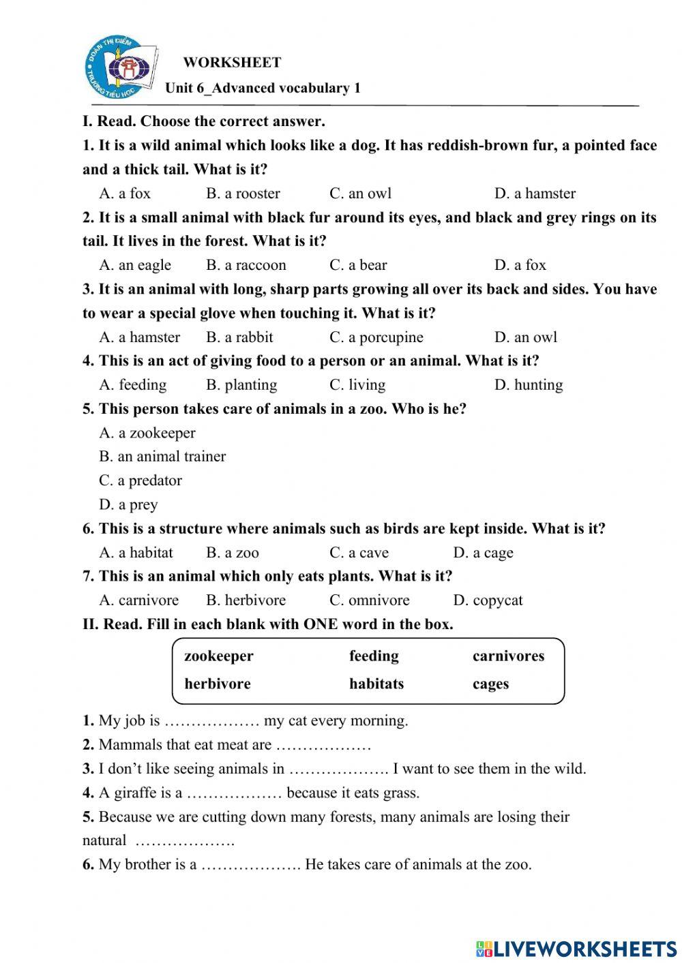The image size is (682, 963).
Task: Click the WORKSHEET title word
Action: (x=232, y=63)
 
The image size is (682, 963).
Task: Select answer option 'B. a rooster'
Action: (x=243, y=194)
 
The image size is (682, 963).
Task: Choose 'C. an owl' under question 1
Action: (x=360, y=194)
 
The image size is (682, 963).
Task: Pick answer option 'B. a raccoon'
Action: (x=246, y=265)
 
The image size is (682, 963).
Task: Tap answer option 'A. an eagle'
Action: (x=135, y=265)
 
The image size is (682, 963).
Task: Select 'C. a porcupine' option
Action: (x=376, y=337)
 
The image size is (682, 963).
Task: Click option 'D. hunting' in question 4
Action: (x=528, y=385)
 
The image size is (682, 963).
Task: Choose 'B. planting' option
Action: (x=241, y=385)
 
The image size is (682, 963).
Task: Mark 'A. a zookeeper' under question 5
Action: (x=147, y=433)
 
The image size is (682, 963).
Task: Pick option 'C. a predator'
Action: (x=140, y=481)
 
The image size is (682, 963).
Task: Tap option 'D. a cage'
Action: (x=483, y=553)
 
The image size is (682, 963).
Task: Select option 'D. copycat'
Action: (x=488, y=600)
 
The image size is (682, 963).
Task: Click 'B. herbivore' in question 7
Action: (x=246, y=600)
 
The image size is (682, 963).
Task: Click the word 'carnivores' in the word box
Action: (x=508, y=656)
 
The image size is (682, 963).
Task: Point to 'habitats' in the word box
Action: (x=376, y=684)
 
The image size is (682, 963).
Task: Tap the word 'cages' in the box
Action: (x=490, y=684)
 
